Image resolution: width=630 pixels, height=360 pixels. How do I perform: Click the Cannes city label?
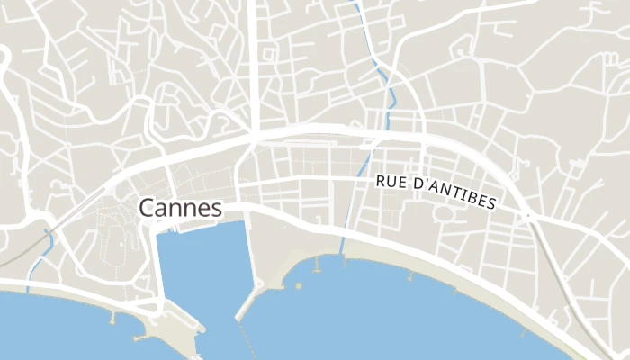(180, 208)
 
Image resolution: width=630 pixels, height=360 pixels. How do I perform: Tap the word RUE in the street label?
(391, 182)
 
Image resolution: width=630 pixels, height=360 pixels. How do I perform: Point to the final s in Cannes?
(216, 210)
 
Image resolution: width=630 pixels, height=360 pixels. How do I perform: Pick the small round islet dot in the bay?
(298, 285)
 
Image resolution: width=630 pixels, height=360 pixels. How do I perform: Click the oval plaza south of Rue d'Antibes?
(443, 214)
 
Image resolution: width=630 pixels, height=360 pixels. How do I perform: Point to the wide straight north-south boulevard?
(256, 63)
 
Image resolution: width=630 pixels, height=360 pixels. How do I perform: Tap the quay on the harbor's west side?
(159, 270)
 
